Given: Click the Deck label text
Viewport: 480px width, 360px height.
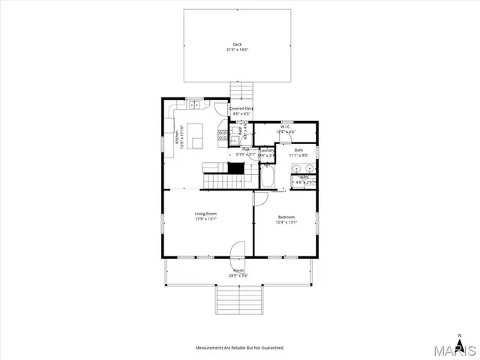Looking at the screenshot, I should point(237,44).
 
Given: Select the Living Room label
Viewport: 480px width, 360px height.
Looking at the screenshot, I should point(205,214).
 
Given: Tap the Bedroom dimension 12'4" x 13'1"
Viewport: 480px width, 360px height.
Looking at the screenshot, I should point(286,222).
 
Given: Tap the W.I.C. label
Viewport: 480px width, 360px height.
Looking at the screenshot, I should point(286,127).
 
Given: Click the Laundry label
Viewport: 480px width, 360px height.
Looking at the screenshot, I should point(267,150).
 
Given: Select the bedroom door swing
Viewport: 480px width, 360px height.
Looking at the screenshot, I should point(259,199).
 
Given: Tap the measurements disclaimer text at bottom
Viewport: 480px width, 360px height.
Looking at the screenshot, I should point(240,348).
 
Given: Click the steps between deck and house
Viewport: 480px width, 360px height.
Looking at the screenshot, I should point(241,90).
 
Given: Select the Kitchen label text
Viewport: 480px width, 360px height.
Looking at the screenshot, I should point(177,135).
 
